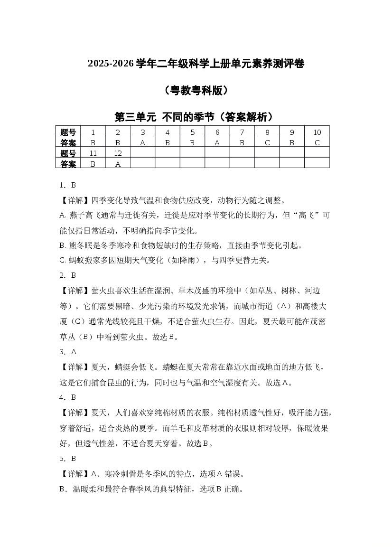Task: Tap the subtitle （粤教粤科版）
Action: click(x=196, y=90)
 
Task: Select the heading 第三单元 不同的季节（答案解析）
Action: click(x=196, y=117)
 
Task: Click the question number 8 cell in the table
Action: click(x=267, y=132)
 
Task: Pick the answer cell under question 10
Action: click(x=317, y=142)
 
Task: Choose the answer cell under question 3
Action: click(x=143, y=142)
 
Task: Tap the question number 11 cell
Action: click(x=93, y=153)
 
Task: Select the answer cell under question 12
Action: click(x=118, y=163)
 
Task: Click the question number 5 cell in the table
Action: click(x=193, y=132)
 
